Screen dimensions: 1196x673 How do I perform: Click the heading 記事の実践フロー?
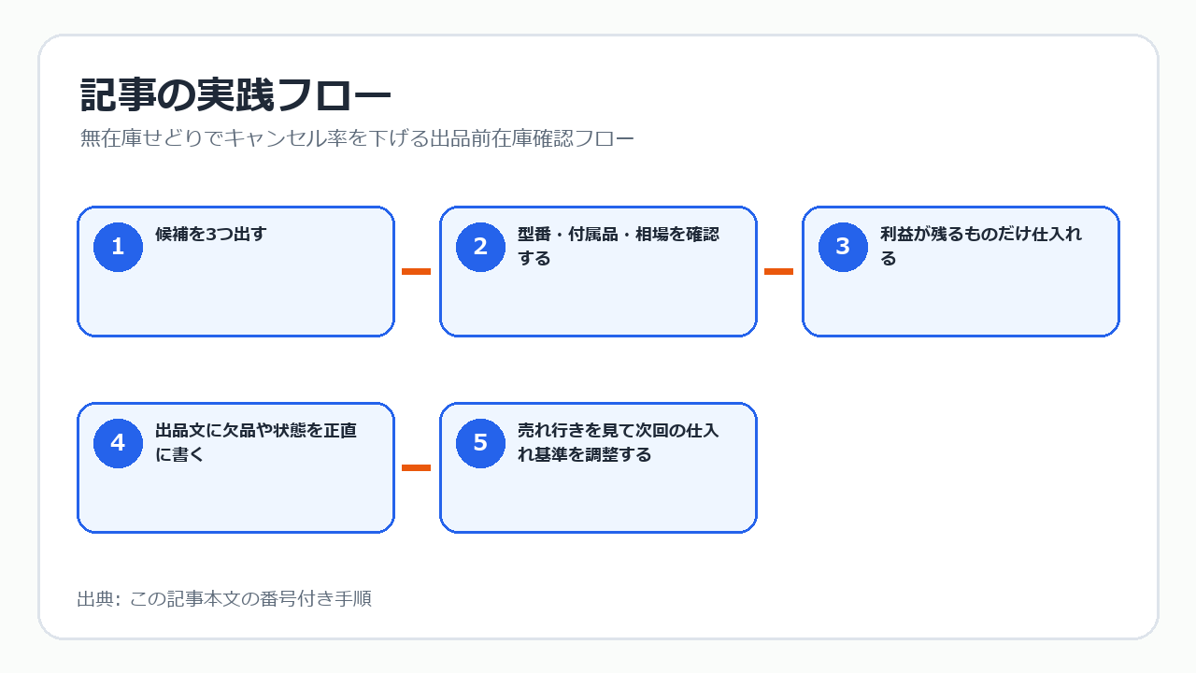[x=235, y=95]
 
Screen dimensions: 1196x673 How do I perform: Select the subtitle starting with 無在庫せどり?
[x=357, y=138]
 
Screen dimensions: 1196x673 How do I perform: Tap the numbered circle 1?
[x=118, y=247]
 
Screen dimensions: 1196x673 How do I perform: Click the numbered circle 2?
[x=480, y=247]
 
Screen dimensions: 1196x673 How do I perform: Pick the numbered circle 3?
[x=843, y=247]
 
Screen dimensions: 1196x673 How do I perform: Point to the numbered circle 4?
[x=118, y=443]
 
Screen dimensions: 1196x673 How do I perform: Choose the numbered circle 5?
[x=480, y=443]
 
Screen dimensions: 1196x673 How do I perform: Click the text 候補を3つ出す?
[x=210, y=234]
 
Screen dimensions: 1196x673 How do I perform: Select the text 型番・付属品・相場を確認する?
[x=619, y=246]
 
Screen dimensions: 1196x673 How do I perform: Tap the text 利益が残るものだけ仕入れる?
[x=981, y=246]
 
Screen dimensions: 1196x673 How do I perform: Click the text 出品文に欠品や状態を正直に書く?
[x=256, y=442]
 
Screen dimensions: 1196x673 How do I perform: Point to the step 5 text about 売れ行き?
[x=619, y=442]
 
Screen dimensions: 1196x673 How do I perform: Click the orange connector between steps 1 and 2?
[x=416, y=271]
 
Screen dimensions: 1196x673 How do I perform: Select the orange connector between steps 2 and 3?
[x=778, y=271]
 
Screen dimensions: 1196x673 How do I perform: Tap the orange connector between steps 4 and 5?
[x=416, y=468]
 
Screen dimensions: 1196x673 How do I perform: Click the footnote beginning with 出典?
[x=224, y=599]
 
